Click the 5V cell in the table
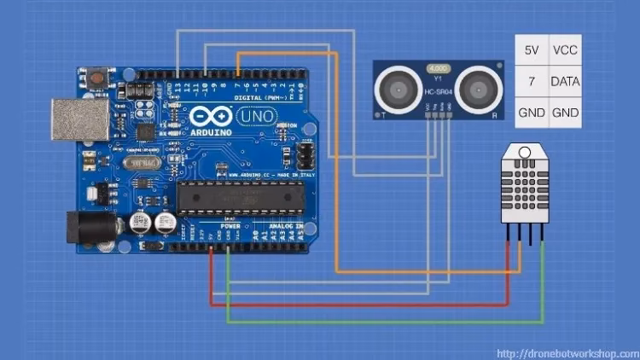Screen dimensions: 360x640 click(x=531, y=50)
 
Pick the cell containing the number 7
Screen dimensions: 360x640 click(x=531, y=81)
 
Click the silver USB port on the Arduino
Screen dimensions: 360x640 click(x=73, y=119)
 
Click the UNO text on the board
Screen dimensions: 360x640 click(x=254, y=116)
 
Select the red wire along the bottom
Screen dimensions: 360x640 click(x=358, y=304)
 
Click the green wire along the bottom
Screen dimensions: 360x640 click(x=384, y=322)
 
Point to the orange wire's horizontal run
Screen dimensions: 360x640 click(x=427, y=272)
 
